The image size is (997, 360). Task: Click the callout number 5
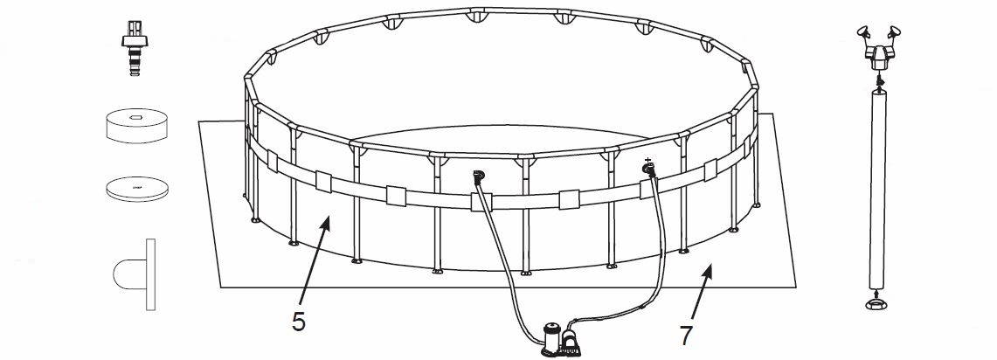click(299, 322)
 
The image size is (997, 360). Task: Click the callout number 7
click(685, 336)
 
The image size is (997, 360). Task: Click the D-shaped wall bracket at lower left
click(135, 274)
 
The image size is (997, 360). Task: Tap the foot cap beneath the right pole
click(878, 302)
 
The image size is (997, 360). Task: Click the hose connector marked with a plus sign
click(649, 170)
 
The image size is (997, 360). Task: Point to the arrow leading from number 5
click(314, 262)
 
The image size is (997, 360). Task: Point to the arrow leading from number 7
click(700, 294)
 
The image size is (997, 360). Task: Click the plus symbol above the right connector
click(648, 160)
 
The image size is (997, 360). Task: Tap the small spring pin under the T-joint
click(878, 80)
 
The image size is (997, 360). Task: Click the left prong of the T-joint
click(863, 34)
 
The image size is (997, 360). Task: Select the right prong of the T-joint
click(892, 34)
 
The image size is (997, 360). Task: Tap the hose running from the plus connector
click(655, 267)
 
